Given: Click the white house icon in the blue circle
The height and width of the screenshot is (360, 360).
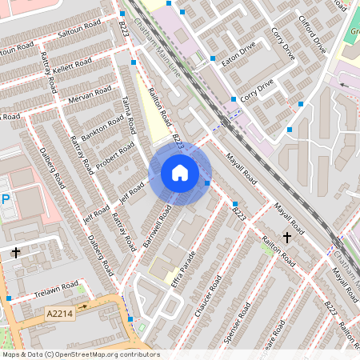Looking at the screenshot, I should tap(180, 173).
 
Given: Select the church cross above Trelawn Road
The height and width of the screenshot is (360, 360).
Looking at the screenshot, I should tap(16, 253).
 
